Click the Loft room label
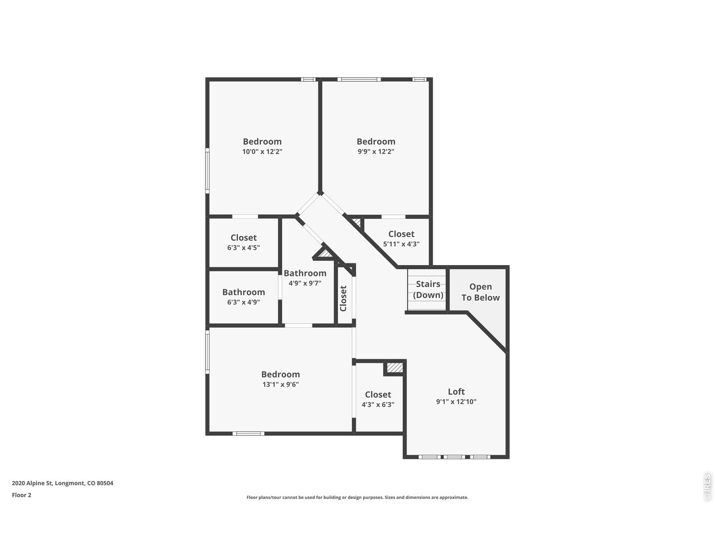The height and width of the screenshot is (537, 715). click(456, 392)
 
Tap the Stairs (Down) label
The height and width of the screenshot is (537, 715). click(428, 290)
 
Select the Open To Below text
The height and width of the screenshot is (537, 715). click(480, 293)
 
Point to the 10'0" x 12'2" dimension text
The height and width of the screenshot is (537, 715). click(262, 152)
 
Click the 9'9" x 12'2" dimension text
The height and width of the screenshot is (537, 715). click(376, 152)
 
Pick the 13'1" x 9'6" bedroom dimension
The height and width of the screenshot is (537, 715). click(280, 384)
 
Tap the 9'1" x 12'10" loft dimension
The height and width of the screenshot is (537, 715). click(456, 402)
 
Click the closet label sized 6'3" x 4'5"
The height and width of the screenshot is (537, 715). click(244, 238)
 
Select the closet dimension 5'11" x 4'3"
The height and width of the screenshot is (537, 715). click(401, 244)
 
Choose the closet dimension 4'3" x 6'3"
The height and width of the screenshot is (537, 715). click(378, 404)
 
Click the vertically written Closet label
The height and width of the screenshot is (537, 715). click(344, 298)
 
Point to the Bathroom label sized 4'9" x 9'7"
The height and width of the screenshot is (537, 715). click(305, 273)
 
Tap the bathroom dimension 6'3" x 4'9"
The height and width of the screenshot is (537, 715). click(244, 302)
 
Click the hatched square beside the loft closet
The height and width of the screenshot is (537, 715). click(394, 368)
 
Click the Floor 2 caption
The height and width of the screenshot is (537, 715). click(22, 494)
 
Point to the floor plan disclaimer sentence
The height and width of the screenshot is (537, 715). click(357, 497)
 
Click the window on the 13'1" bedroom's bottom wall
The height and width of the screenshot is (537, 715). click(248, 433)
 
